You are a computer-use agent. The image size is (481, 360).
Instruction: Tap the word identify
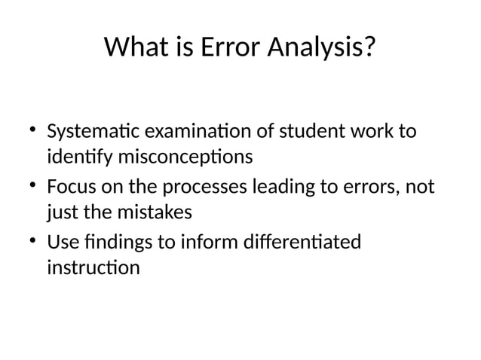pyautogui.click(x=76, y=157)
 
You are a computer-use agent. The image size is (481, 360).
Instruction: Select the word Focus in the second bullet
pyautogui.click(x=71, y=186)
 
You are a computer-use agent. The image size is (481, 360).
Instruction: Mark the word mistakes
pyautogui.click(x=155, y=212)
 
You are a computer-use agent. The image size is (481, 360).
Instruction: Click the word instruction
pyautogui.click(x=93, y=267)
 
